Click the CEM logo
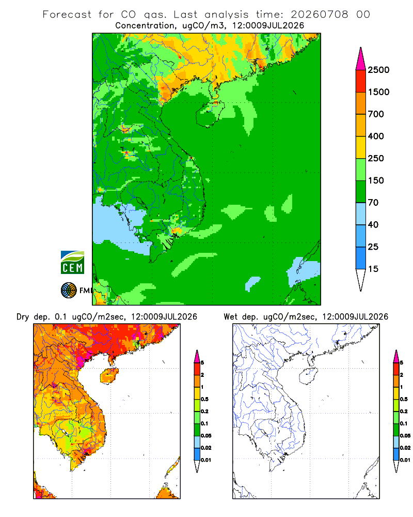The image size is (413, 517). click(x=72, y=263)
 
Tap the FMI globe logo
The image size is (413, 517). click(x=69, y=291)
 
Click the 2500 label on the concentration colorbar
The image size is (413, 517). click(x=378, y=70)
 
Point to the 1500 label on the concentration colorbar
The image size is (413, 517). click(x=378, y=92)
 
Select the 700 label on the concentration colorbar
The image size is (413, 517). click(x=376, y=114)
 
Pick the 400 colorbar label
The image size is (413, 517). click(x=376, y=136)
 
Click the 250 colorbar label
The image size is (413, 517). click(x=376, y=158)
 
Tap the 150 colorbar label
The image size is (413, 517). click(x=376, y=180)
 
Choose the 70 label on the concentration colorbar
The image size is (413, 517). click(x=373, y=203)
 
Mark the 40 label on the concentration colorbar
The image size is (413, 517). click(x=373, y=224)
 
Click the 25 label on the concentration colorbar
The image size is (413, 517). click(x=373, y=247)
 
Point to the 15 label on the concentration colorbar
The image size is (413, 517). click(x=373, y=269)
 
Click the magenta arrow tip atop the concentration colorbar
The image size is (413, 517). click(x=361, y=48)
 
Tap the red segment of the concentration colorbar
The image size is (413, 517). click(x=361, y=81)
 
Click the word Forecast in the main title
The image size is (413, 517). click(x=67, y=14)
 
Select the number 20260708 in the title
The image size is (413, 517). click(x=319, y=14)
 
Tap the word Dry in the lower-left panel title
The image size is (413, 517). click(x=22, y=317)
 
